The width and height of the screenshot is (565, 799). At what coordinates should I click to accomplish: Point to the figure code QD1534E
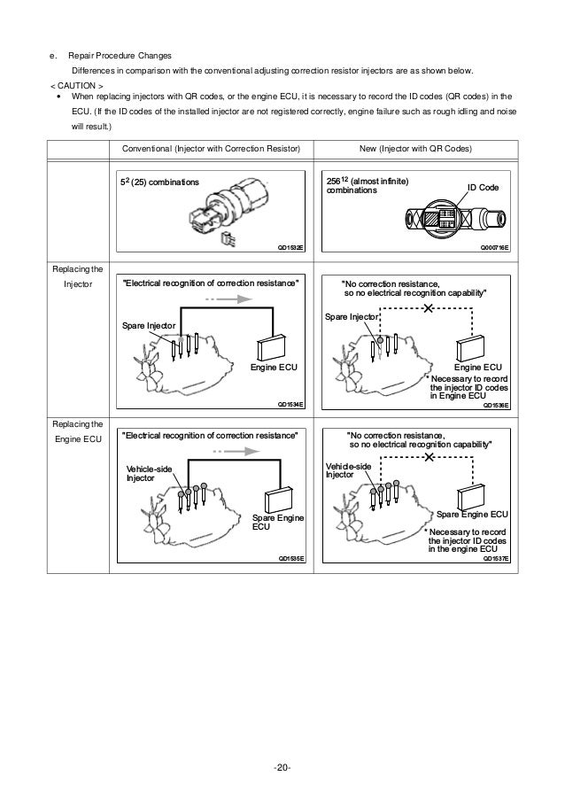[291, 403]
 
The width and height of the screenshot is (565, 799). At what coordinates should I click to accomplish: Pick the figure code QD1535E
[291, 559]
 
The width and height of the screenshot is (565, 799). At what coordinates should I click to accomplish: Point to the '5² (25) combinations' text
[160, 182]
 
